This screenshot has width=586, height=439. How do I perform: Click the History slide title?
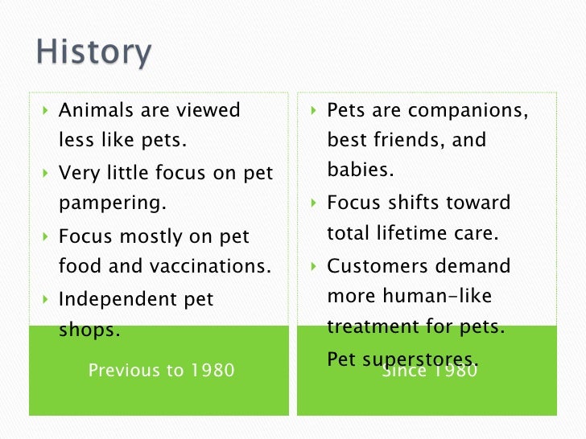(x=93, y=53)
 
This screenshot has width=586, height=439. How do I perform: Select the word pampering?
(x=112, y=203)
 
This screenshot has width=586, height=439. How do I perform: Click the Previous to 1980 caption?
(x=161, y=370)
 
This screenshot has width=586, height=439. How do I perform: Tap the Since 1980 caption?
(x=430, y=371)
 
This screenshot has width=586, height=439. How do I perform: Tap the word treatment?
(x=375, y=327)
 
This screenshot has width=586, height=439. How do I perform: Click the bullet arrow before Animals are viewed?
(x=45, y=110)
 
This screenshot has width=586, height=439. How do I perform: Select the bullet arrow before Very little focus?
(x=45, y=173)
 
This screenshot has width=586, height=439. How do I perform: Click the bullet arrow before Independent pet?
(x=45, y=299)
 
